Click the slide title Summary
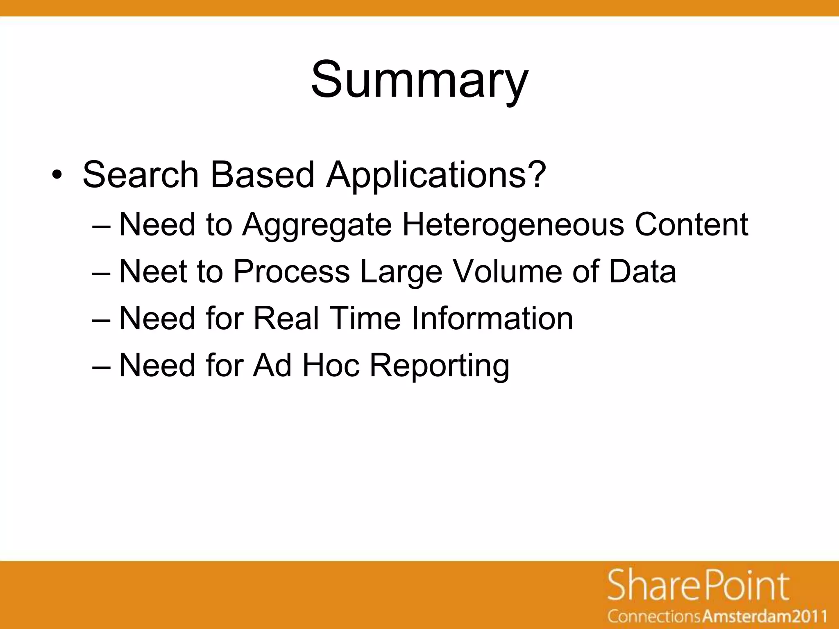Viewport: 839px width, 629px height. tap(419, 80)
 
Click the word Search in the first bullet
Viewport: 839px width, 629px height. tap(141, 175)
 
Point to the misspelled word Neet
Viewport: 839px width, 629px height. tap(153, 271)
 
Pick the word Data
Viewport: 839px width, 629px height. tap(642, 271)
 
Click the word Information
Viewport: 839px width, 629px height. tap(492, 318)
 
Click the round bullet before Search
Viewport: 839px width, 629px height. tap(57, 176)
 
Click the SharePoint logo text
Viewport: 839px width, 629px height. tap(698, 586)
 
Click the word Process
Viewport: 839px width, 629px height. tap(291, 271)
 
